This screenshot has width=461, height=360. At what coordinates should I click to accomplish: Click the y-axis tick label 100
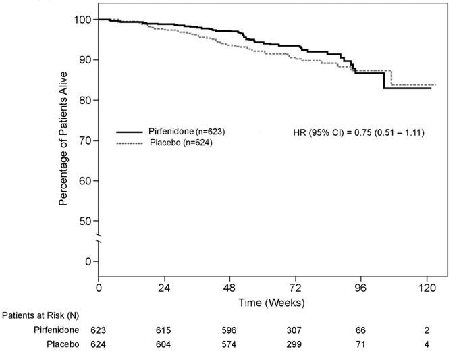pos(82,20)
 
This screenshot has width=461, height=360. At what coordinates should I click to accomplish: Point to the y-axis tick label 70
pos(85,140)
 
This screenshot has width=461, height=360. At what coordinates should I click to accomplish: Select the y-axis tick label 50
pos(85,221)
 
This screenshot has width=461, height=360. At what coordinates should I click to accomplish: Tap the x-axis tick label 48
pos(229,287)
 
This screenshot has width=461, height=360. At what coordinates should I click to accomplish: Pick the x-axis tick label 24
pos(163,287)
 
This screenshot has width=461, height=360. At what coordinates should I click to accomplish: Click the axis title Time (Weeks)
pos(271,302)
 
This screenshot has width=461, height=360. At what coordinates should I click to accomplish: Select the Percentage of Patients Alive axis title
pos(64,138)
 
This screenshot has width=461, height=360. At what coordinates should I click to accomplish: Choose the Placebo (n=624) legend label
pos(182,143)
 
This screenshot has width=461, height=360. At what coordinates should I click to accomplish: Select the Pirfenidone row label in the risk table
pos(57,330)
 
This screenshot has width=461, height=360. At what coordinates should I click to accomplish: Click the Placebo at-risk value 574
pos(229,344)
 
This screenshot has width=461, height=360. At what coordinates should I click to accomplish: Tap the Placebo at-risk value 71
pos(360,344)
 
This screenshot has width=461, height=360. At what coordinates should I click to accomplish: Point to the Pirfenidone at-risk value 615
pos(163,330)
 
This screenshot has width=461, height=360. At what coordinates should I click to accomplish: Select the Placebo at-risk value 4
pos(427,344)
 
